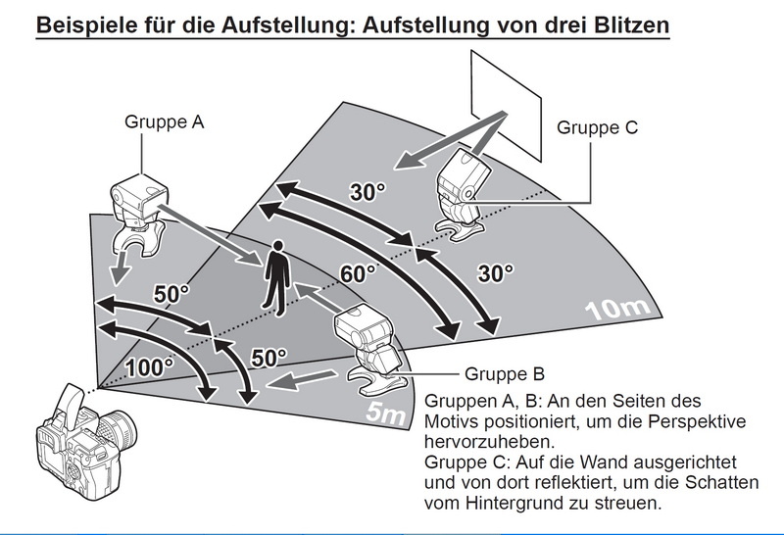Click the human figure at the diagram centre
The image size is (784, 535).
pos(277,277)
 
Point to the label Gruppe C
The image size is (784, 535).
pos(597,127)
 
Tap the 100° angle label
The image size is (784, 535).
pos(149,367)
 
